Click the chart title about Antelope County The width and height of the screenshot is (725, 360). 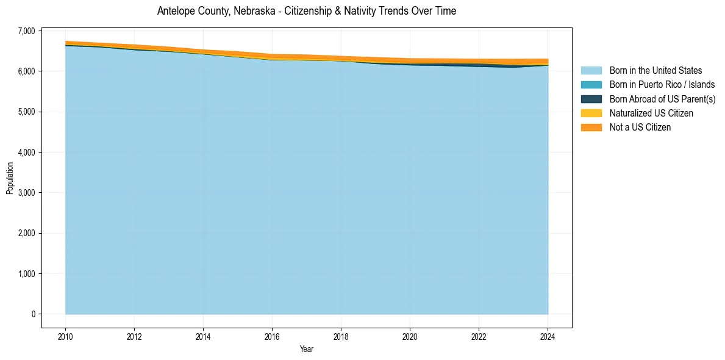pyautogui.click(x=306, y=11)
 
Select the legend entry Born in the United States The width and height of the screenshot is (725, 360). pyautogui.click(x=655, y=71)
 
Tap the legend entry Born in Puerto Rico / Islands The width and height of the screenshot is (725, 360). pyautogui.click(x=662, y=85)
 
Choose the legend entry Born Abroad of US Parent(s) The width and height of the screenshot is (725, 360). pyautogui.click(x=662, y=99)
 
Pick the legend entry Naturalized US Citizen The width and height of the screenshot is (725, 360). pyautogui.click(x=651, y=113)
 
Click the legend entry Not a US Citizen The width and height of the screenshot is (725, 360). pyautogui.click(x=640, y=127)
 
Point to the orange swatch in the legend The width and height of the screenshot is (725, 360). pyautogui.click(x=591, y=127)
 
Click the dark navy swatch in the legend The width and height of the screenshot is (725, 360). pyautogui.click(x=591, y=99)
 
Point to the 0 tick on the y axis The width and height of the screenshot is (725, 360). pyautogui.click(x=33, y=314)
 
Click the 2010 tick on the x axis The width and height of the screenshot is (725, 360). pyautogui.click(x=65, y=336)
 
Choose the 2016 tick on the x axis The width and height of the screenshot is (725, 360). pyautogui.click(x=272, y=336)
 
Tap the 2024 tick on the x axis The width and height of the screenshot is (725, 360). pyautogui.click(x=548, y=336)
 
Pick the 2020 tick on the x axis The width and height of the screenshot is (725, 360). pyautogui.click(x=410, y=336)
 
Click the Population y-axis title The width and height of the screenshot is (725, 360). pyautogui.click(x=10, y=178)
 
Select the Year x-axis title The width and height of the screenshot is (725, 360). pyautogui.click(x=306, y=349)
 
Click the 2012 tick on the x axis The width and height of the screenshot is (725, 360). pyautogui.click(x=134, y=336)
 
